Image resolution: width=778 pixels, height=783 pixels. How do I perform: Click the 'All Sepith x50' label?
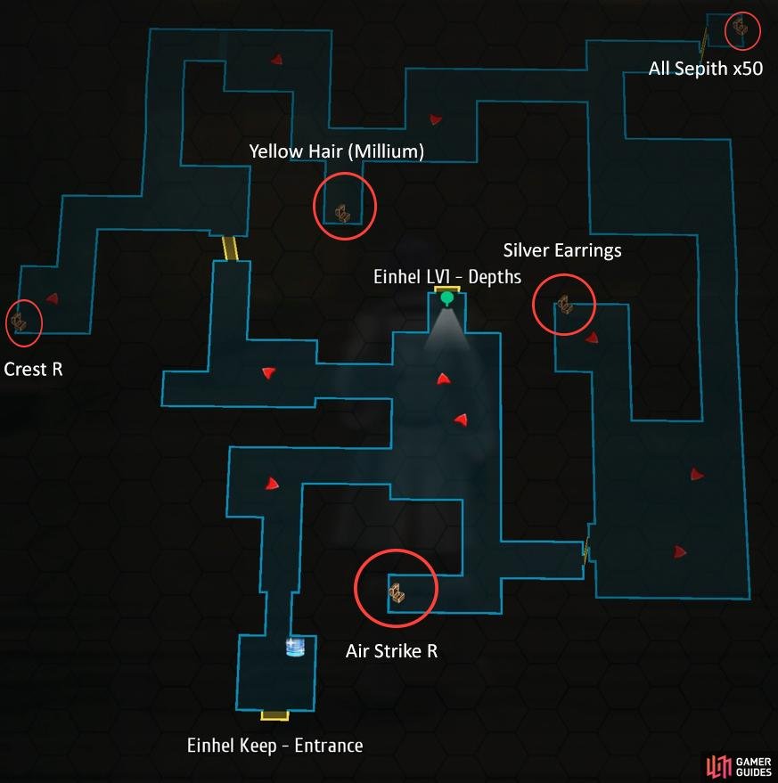706,69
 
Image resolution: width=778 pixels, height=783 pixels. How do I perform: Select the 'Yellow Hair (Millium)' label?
336,151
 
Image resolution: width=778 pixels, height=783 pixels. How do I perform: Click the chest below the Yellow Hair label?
342,213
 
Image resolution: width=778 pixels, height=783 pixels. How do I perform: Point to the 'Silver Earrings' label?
562,250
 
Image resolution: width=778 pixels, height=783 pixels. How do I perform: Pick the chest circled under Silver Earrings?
565,304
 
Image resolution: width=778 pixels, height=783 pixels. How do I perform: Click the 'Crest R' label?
33,370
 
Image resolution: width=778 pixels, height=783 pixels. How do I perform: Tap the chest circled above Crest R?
19,322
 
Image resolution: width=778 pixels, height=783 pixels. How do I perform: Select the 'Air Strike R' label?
391,651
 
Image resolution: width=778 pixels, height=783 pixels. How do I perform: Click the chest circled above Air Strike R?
397,592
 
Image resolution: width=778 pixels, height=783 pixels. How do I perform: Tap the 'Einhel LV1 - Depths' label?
447,277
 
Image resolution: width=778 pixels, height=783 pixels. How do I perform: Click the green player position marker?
446,298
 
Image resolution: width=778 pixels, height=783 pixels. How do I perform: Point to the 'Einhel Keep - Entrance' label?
274,746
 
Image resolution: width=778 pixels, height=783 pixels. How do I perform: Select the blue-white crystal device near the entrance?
295,648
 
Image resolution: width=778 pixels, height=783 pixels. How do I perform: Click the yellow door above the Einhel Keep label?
274,716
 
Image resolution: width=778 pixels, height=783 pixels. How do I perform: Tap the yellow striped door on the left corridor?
230,249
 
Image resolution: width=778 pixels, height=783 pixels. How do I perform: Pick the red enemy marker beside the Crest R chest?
53,298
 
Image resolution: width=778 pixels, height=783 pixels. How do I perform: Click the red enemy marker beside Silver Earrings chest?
592,338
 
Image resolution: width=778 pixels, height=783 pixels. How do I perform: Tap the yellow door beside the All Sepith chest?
704,43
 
